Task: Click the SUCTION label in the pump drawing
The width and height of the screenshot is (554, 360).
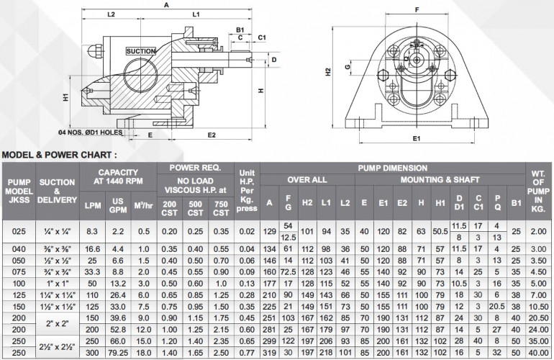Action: click(140, 51)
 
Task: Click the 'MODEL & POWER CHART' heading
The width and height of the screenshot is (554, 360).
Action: click(59, 154)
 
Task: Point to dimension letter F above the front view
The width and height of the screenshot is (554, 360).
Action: click(417, 10)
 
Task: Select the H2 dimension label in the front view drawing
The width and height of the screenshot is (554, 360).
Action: click(328, 71)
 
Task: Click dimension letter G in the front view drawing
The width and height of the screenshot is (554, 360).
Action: click(348, 68)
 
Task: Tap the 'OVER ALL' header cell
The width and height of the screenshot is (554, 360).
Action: click(308, 179)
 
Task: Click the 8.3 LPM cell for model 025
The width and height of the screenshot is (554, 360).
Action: click(92, 231)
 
